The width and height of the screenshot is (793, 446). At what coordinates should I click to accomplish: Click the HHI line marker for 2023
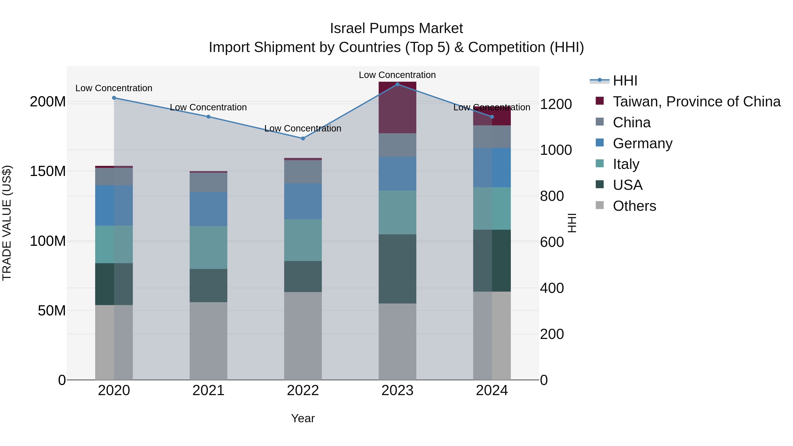click(x=397, y=84)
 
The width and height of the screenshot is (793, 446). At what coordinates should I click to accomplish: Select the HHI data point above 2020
click(x=114, y=98)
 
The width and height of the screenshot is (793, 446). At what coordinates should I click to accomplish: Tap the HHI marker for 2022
click(x=303, y=139)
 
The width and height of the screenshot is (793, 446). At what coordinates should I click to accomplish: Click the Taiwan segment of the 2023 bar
click(x=397, y=108)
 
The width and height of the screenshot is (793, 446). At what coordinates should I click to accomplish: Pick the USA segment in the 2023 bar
click(x=397, y=269)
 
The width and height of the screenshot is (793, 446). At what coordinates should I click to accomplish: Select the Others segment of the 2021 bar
click(x=208, y=341)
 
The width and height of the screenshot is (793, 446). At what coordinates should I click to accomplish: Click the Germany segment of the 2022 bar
click(x=303, y=201)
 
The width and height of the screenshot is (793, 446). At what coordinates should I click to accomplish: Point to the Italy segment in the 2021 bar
click(x=208, y=248)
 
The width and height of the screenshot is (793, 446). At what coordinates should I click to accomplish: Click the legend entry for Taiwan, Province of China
click(x=696, y=102)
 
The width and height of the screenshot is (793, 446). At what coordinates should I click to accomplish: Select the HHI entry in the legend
click(x=625, y=81)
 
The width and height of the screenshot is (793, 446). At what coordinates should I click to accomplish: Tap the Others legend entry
click(x=634, y=206)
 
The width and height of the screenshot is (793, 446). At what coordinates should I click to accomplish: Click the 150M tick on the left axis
click(x=48, y=171)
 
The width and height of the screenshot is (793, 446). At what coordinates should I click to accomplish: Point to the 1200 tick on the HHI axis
click(x=556, y=104)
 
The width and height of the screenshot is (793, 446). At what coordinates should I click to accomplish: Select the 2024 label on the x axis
click(x=492, y=390)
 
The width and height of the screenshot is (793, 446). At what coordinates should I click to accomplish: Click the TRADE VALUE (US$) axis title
click(x=7, y=223)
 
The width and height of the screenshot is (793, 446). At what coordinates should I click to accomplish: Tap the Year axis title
click(x=303, y=418)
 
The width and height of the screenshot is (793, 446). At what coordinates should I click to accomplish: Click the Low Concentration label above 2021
click(x=208, y=107)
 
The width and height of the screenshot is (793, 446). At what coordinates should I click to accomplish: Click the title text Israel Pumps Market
click(x=396, y=28)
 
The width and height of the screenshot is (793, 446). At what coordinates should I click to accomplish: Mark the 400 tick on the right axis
click(x=552, y=288)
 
